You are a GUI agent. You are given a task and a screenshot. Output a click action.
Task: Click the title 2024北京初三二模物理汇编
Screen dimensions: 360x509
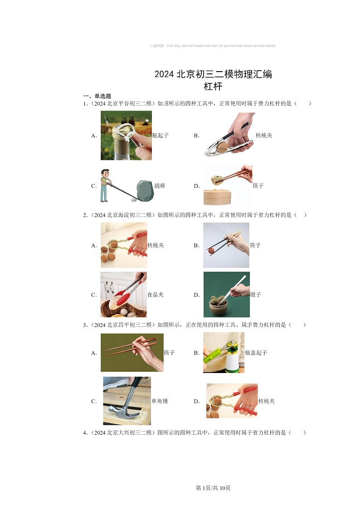tap(213, 74)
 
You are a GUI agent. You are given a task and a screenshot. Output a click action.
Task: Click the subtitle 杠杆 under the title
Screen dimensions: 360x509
tap(213, 87)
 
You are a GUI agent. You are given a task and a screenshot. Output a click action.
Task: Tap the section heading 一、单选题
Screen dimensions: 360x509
tap(97, 96)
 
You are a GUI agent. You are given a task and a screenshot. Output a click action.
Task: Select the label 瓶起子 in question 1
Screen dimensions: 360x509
tap(161, 136)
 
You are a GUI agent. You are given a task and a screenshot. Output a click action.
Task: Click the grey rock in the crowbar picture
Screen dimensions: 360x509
tap(145, 190)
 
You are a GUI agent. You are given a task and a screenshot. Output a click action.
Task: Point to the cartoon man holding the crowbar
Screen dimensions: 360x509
tap(105, 185)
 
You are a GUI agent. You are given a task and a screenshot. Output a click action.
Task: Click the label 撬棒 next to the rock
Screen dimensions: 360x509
tap(160, 186)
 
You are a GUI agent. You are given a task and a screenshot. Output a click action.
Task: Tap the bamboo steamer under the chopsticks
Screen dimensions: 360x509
tap(217, 197)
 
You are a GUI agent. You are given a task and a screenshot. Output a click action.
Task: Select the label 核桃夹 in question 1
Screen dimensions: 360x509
tap(264, 136)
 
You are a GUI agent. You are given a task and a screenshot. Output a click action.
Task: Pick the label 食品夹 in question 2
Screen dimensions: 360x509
tap(156, 295)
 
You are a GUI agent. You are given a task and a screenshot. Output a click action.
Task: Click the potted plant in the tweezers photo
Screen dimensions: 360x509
tap(219, 305)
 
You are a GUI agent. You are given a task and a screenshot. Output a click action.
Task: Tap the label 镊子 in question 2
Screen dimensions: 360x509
tap(255, 295)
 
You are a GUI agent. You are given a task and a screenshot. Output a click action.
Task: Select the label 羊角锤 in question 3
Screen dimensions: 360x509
tap(160, 401)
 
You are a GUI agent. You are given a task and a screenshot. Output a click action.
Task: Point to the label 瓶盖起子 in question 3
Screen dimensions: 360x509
tap(256, 353)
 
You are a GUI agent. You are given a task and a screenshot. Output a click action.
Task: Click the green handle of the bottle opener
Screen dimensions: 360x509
tap(212, 356)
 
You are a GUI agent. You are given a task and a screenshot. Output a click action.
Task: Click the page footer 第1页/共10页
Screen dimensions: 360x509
tap(213, 488)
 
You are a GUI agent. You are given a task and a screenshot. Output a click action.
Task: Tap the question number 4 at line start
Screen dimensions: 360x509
tap(85, 433)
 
